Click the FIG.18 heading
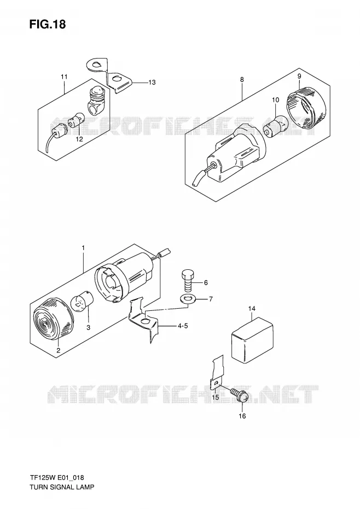48,24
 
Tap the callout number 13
152,83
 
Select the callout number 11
64,77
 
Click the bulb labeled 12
77,120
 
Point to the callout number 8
242,79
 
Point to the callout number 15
216,397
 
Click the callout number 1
83,248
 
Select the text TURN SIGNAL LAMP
62,487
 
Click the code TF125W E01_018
57,477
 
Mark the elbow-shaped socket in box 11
95,101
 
